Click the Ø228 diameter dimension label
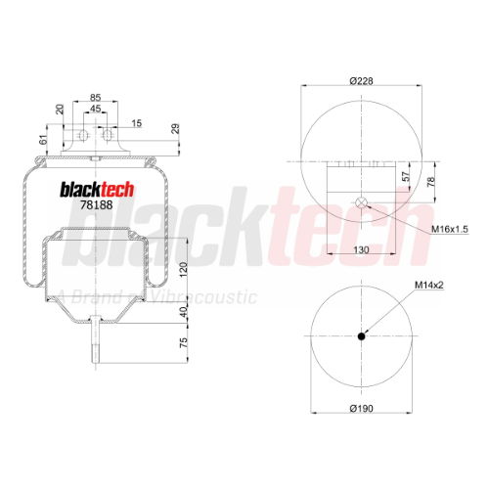pyautogui.click(x=361, y=80)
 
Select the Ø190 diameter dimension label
pyautogui.click(x=361, y=408)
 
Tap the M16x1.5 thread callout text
pyautogui.click(x=450, y=229)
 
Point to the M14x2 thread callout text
pyautogui.click(x=429, y=285)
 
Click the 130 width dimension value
pyautogui.click(x=361, y=249)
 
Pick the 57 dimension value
pyautogui.click(x=406, y=177)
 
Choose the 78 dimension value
pyautogui.click(x=430, y=181)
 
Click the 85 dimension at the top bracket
pyautogui.click(x=95, y=97)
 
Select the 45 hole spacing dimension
pyautogui.click(x=95, y=109)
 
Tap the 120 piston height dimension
pyautogui.click(x=184, y=269)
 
